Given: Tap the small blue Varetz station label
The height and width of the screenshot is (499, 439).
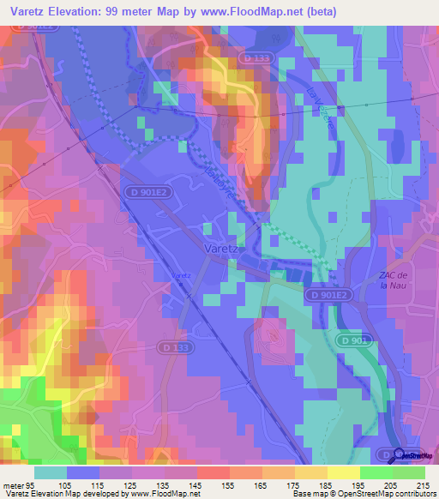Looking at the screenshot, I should click(x=180, y=275).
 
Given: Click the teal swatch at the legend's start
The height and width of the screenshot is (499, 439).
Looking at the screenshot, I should click(x=51, y=472).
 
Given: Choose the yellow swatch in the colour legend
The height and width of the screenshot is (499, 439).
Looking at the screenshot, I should click(x=344, y=472).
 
